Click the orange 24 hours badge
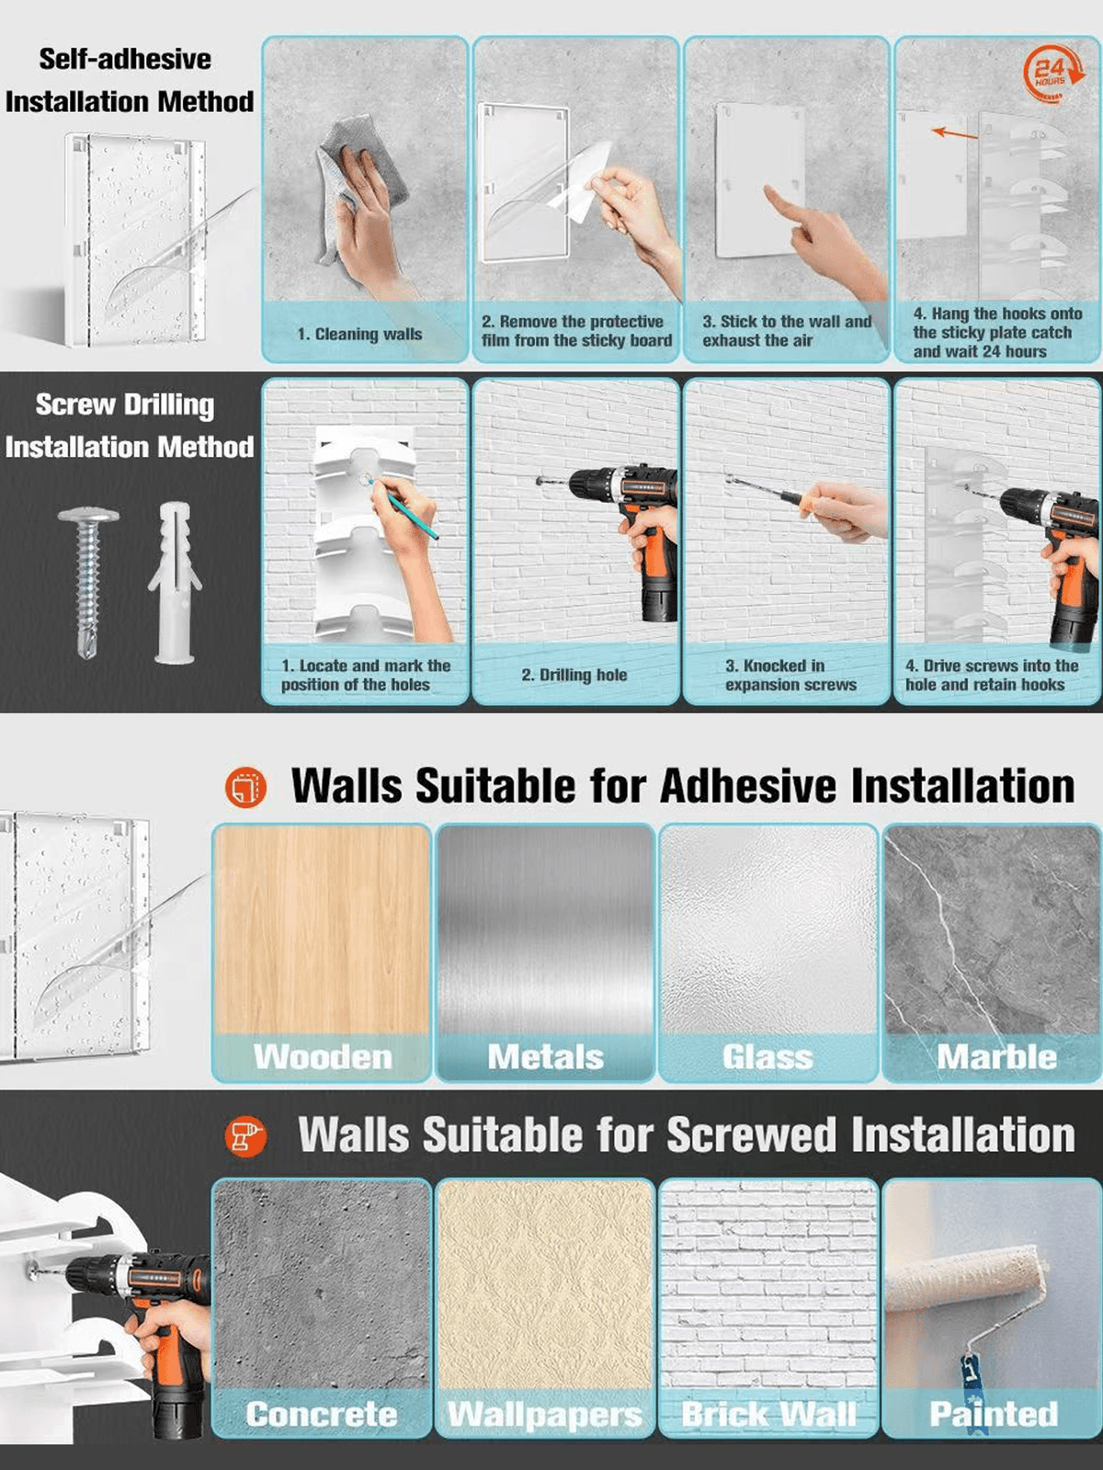[1053, 73]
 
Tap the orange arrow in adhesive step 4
[955, 133]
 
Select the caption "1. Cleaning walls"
[359, 335]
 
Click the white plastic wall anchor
[175, 582]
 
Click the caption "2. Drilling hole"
[574, 675]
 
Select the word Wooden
[323, 1057]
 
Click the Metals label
[545, 1057]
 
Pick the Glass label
[768, 1057]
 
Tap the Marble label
[996, 1057]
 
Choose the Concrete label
[322, 1414]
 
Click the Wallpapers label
[545, 1415]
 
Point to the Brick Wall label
[769, 1414]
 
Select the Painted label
[994, 1414]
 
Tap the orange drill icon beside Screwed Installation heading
[246, 1135]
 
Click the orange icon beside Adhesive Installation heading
[245, 786]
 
